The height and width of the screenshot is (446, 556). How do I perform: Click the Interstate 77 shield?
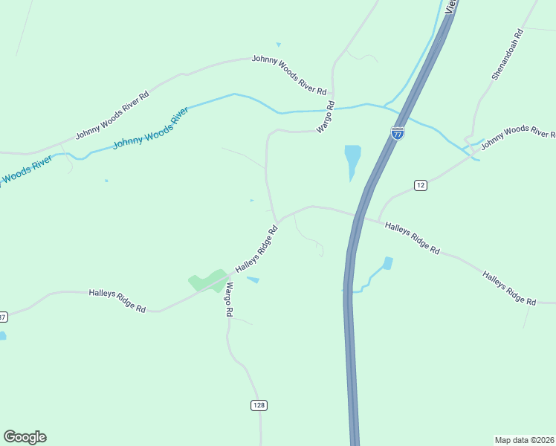pyautogui.click(x=398, y=134)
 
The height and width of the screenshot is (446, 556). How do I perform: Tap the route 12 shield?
pyautogui.click(x=421, y=185)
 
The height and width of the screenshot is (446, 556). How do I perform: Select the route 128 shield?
pyautogui.click(x=258, y=405)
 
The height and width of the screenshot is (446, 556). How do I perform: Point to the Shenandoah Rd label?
pyautogui.click(x=508, y=55)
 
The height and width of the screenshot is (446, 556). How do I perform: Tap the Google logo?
pyautogui.click(x=25, y=437)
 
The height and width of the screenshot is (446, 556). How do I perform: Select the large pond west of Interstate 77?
pyautogui.click(x=352, y=159)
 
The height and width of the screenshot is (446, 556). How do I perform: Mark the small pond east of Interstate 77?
pyautogui.click(x=387, y=263)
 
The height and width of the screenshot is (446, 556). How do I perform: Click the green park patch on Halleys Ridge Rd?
pyautogui.click(x=207, y=281)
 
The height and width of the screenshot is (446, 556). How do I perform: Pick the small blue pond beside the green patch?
pyautogui.click(x=253, y=280)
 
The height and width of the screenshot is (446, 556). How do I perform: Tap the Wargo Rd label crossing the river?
pyautogui.click(x=326, y=117)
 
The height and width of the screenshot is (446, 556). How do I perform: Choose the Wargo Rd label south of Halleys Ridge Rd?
pyautogui.click(x=230, y=300)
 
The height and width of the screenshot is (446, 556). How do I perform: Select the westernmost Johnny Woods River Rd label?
pyautogui.click(x=112, y=115)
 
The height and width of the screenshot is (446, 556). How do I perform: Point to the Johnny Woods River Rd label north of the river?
pyautogui.click(x=289, y=74)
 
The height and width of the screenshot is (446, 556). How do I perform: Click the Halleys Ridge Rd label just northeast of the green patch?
pyautogui.click(x=256, y=249)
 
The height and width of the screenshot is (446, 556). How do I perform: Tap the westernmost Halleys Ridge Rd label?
pyautogui.click(x=117, y=300)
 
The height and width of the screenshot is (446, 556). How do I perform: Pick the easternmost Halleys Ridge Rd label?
pyautogui.click(x=509, y=288)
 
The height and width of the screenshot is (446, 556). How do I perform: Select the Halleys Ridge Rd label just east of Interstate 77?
pyautogui.click(x=412, y=238)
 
